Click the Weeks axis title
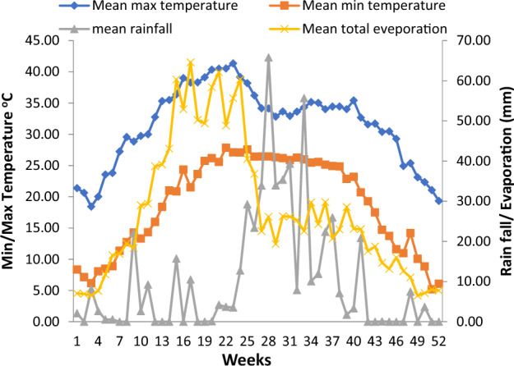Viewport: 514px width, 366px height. point(257,358)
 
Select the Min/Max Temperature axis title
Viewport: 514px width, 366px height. point(12,181)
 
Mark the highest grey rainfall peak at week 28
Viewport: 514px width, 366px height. point(268,57)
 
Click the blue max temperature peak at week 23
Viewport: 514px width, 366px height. point(233,63)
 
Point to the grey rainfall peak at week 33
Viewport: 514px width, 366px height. point(303,98)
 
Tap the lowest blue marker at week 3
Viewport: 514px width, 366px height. point(91,206)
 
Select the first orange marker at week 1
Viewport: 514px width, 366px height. point(77,269)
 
